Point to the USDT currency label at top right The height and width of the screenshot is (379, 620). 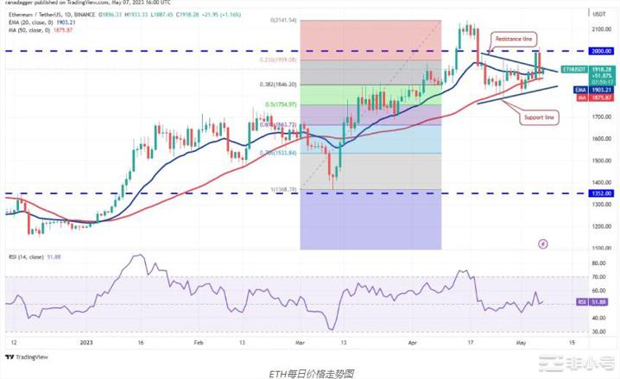tap(597, 12)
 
